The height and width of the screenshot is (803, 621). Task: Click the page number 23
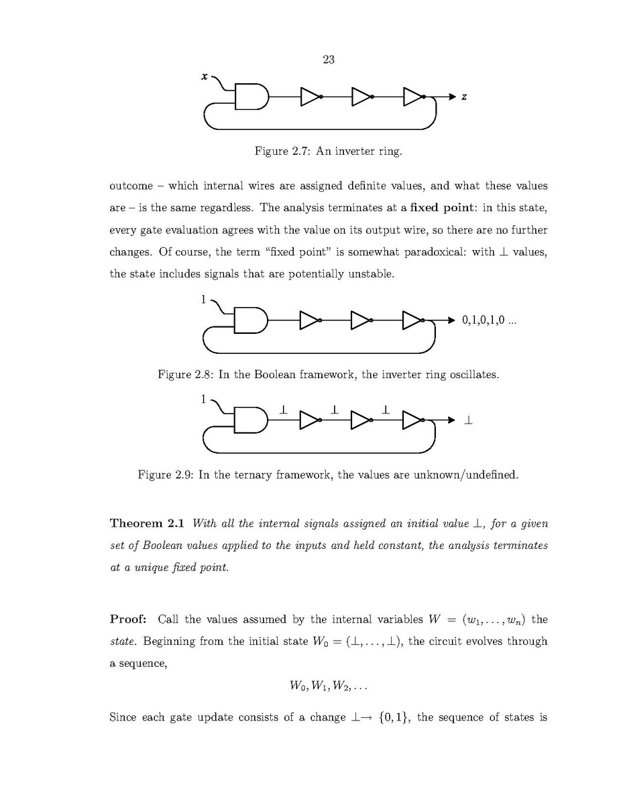[329, 60]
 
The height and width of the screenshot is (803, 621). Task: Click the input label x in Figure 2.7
[204, 77]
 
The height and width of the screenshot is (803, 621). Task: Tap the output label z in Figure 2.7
[464, 98]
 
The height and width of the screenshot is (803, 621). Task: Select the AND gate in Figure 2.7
[250, 97]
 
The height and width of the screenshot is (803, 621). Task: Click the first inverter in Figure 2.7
[310, 97]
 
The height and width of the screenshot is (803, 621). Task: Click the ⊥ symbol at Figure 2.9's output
[468, 421]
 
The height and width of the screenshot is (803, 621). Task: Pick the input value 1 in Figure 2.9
[204, 399]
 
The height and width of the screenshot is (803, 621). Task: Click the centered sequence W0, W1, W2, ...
[328, 687]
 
